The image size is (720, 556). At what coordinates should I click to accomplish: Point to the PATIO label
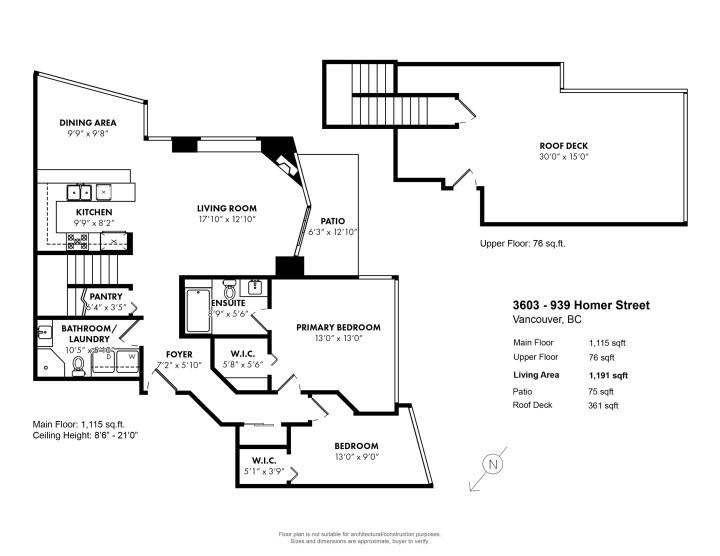(332, 221)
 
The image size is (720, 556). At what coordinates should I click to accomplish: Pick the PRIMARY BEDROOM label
(340, 327)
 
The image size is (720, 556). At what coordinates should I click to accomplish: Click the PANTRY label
(106, 296)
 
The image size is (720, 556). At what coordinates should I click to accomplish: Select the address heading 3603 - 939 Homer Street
(580, 305)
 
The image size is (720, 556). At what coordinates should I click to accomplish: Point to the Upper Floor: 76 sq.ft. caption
(523, 243)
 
